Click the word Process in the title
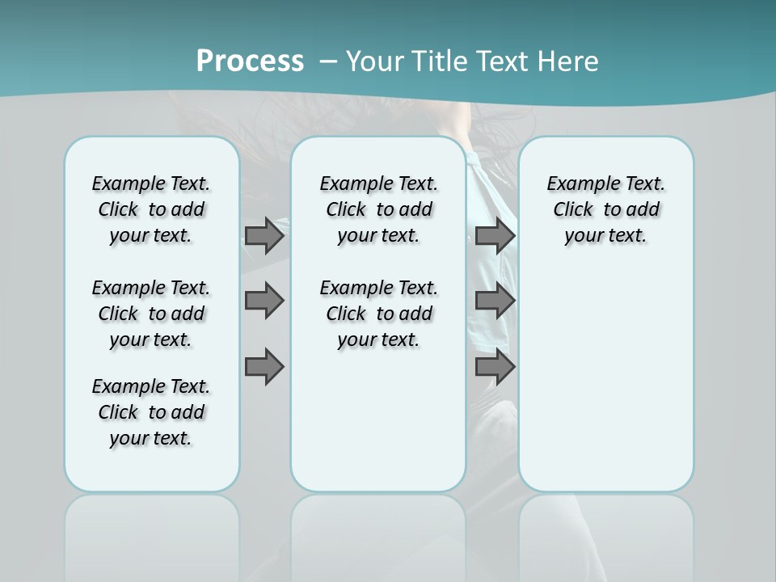[250, 61]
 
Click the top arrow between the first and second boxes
[264, 236]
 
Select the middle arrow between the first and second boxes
[264, 301]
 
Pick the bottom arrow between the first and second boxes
[264, 368]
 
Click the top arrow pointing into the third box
[495, 236]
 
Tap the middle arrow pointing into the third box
[495, 301]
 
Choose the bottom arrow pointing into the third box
[495, 368]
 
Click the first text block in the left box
[151, 209]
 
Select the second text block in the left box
[151, 314]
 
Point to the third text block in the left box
[151, 412]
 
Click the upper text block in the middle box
[378, 209]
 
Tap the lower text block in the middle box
[378, 314]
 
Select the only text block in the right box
[605, 209]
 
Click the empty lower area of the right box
[605, 388]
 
